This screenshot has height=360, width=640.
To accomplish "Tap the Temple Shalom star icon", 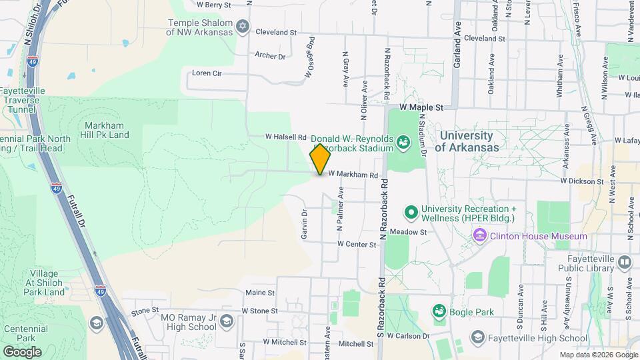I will (x=243, y=27).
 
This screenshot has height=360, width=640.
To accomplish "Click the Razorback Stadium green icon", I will (x=403, y=141).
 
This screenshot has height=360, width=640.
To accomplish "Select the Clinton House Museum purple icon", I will (x=479, y=236).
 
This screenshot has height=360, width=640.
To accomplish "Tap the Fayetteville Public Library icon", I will (x=624, y=263).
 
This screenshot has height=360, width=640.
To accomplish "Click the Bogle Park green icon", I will (x=439, y=311).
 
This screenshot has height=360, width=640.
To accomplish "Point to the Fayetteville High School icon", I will (x=477, y=337).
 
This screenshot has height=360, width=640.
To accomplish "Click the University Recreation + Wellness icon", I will (x=411, y=213).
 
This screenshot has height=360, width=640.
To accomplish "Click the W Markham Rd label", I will (x=357, y=175).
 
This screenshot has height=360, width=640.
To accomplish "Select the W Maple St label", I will (x=421, y=107).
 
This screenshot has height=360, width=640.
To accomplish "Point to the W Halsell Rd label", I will (x=285, y=137).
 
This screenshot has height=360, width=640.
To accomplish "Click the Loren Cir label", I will (x=206, y=73).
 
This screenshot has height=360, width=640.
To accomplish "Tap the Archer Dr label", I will (x=270, y=56).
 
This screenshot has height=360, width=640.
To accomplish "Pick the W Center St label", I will (x=357, y=245).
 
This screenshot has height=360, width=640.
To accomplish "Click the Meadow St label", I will (x=407, y=232).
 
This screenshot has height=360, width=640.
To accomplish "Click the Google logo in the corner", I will (x=22, y=351).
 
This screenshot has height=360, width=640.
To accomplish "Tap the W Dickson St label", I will (x=581, y=181).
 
